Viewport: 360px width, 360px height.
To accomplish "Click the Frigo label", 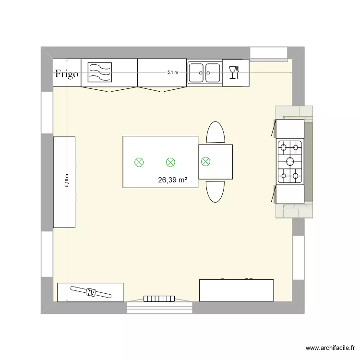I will pos(67,73).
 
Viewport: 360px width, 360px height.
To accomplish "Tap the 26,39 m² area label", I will pos(172,180).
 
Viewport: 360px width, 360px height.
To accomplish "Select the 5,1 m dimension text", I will pos(172,72).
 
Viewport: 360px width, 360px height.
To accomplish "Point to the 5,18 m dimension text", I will pos(67,180).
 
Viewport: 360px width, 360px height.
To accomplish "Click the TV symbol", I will pos(91,292).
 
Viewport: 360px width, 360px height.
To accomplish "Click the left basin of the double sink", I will pos(196,73).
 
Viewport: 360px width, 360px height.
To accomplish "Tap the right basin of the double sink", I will pos(212,73).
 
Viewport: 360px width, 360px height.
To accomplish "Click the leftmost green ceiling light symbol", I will pos(139,162).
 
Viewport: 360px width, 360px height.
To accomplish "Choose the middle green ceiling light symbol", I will pos(170,162).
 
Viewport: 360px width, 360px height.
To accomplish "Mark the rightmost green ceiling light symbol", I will pos(206,162).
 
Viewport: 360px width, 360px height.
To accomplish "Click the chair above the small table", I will pos(215,132).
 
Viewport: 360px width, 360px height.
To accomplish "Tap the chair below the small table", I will pos(215,192).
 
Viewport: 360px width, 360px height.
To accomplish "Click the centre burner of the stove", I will pos(290,161).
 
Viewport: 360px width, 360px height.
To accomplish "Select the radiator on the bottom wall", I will pos(158,299).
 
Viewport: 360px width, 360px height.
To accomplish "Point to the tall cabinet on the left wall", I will pos(64,182).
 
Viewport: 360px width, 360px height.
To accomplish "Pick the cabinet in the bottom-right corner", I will pos(236,290).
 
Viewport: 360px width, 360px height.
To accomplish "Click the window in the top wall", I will pos(269,53).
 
